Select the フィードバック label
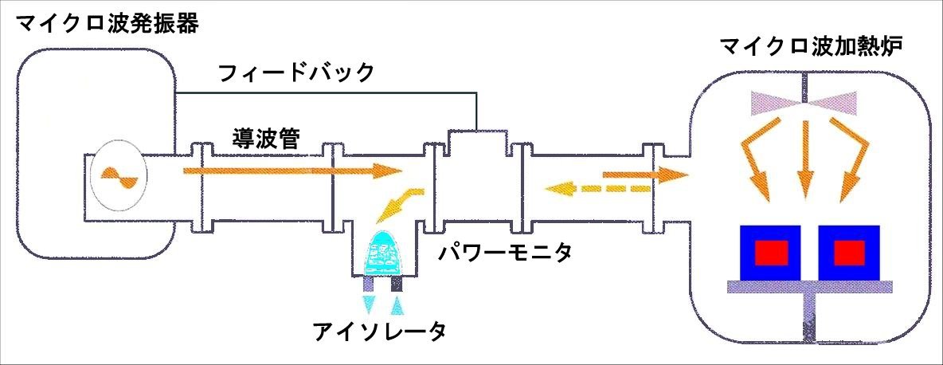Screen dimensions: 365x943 click(295, 74)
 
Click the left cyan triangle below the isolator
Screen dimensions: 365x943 click(371, 304)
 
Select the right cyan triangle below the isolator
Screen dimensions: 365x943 click(399, 304)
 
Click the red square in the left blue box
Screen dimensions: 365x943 click(772, 253)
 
